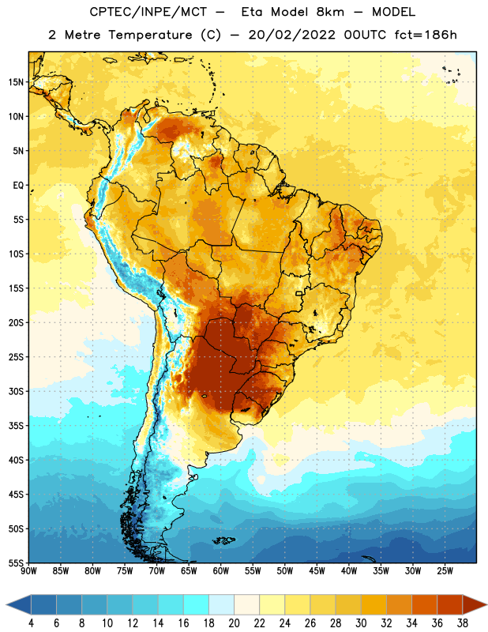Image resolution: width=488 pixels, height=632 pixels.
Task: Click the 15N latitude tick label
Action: [x=16, y=82]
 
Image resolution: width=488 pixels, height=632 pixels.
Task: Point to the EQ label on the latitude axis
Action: [x=18, y=186]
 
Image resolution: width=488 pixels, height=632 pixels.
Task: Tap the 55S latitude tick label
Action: [x=16, y=562]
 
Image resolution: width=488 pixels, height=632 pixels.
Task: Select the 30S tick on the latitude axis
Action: [x=16, y=391]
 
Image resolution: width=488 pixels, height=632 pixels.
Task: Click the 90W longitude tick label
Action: [x=28, y=570]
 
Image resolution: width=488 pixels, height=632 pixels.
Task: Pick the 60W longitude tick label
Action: [x=221, y=570]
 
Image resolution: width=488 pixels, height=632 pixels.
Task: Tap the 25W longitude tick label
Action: [x=445, y=570]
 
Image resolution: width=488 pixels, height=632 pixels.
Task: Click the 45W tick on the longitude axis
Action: [x=317, y=570]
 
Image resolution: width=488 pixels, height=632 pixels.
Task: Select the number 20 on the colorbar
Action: [x=234, y=623]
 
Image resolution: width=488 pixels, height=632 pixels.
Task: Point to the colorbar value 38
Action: [x=463, y=623]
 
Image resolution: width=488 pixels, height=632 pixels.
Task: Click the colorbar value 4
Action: [x=31, y=623]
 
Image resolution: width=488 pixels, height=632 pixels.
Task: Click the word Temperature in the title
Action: [x=150, y=35]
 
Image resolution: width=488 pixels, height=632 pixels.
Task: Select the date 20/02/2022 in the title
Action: [x=292, y=35]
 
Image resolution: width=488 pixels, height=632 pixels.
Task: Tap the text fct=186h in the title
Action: [x=426, y=35]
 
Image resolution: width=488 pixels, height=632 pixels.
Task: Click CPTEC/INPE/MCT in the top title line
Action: [x=148, y=12]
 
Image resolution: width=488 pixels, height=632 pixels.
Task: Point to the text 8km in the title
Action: [x=330, y=12]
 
